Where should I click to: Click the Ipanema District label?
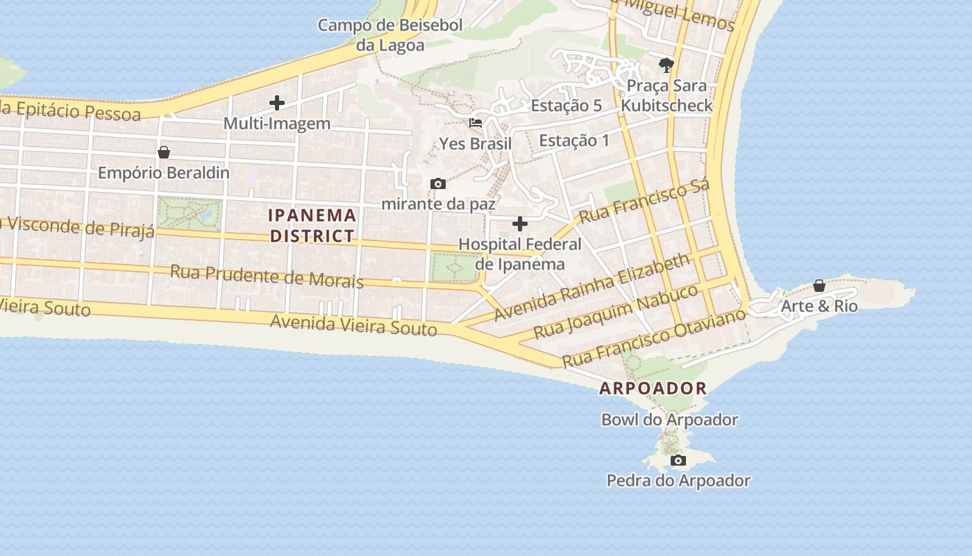[x=312, y=225]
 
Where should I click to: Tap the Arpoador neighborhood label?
[x=653, y=389]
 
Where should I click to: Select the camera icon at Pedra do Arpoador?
[x=678, y=460]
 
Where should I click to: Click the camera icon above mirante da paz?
[x=438, y=183]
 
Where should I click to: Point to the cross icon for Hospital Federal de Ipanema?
[x=519, y=224]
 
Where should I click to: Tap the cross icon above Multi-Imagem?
[x=277, y=103]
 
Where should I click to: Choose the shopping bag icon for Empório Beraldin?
[x=164, y=152]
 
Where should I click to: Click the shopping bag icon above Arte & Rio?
[x=819, y=286]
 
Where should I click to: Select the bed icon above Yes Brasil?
[x=476, y=123]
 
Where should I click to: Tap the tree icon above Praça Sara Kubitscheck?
[x=667, y=65]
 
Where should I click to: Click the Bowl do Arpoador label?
[x=669, y=420]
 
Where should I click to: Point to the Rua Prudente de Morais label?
[x=267, y=276]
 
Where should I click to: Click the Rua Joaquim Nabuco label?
[x=616, y=311]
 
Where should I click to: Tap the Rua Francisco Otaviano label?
[x=653, y=338]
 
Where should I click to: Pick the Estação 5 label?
[x=567, y=106]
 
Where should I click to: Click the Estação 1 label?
[x=574, y=140]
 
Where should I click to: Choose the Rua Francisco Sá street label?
[x=644, y=201]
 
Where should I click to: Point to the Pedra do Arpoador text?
[x=678, y=480]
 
